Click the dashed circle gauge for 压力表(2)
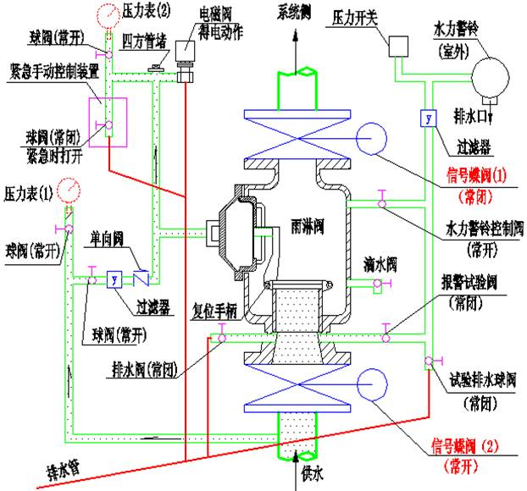108,15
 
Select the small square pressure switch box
399,47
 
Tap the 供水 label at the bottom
312,477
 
